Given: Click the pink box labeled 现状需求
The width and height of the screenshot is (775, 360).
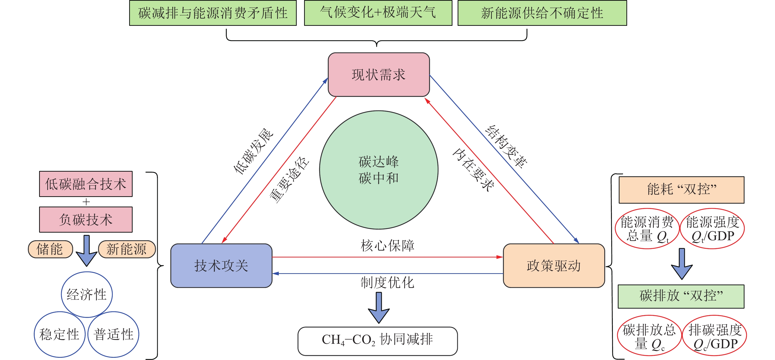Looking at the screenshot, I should coord(378,75).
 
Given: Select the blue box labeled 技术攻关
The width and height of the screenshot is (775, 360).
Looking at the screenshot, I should coord(221,266).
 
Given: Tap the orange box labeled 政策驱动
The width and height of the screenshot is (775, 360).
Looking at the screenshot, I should coord(554,266).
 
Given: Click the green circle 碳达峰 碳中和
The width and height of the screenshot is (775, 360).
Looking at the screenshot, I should coord(378,170).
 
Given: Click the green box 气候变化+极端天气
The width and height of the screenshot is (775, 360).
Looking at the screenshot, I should coord(378,13).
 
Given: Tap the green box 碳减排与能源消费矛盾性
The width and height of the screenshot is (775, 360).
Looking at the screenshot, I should coord(213,13).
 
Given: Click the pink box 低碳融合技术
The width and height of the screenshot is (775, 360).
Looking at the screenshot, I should coord(86,184).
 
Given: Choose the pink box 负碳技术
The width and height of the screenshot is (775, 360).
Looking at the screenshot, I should coord(86,220).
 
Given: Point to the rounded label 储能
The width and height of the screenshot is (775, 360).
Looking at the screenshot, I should coord(50,249).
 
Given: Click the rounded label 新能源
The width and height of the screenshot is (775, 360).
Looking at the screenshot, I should coord(127,249).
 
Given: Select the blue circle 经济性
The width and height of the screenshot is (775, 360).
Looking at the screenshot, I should coord(87,294).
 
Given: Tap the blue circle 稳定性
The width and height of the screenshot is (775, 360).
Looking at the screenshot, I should coord(60,334).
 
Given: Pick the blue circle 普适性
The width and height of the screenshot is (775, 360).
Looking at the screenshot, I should coord(113,334).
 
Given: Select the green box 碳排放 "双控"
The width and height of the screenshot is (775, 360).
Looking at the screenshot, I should coord(681,296).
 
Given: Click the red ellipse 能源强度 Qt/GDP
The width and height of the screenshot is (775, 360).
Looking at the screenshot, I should coord(712,229).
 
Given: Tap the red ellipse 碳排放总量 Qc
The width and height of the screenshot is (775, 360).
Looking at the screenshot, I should coord(649,335).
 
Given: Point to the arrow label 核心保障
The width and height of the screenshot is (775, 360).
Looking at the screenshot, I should coord(387,245).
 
